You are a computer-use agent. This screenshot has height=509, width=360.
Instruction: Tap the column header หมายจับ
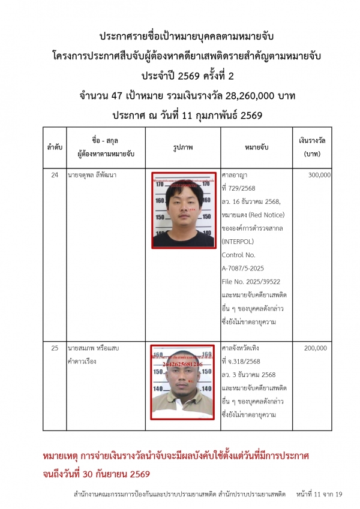click(x=256, y=146)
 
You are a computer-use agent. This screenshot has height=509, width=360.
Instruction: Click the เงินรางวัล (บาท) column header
click(x=312, y=146)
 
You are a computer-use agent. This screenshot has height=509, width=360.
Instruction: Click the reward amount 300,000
click(x=319, y=175)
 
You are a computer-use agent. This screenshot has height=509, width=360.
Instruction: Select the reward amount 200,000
click(x=319, y=348)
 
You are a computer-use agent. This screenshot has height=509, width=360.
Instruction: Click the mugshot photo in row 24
click(x=183, y=210)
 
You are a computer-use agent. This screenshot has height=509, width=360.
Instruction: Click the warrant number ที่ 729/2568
click(x=239, y=188)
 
